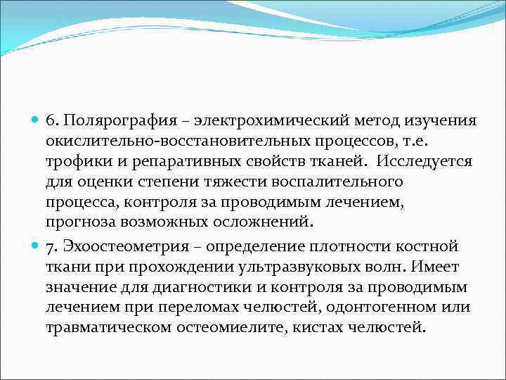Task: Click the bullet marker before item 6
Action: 35,120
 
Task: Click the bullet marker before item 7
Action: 35,246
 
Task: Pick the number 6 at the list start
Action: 51,120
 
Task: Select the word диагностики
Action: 192,287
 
